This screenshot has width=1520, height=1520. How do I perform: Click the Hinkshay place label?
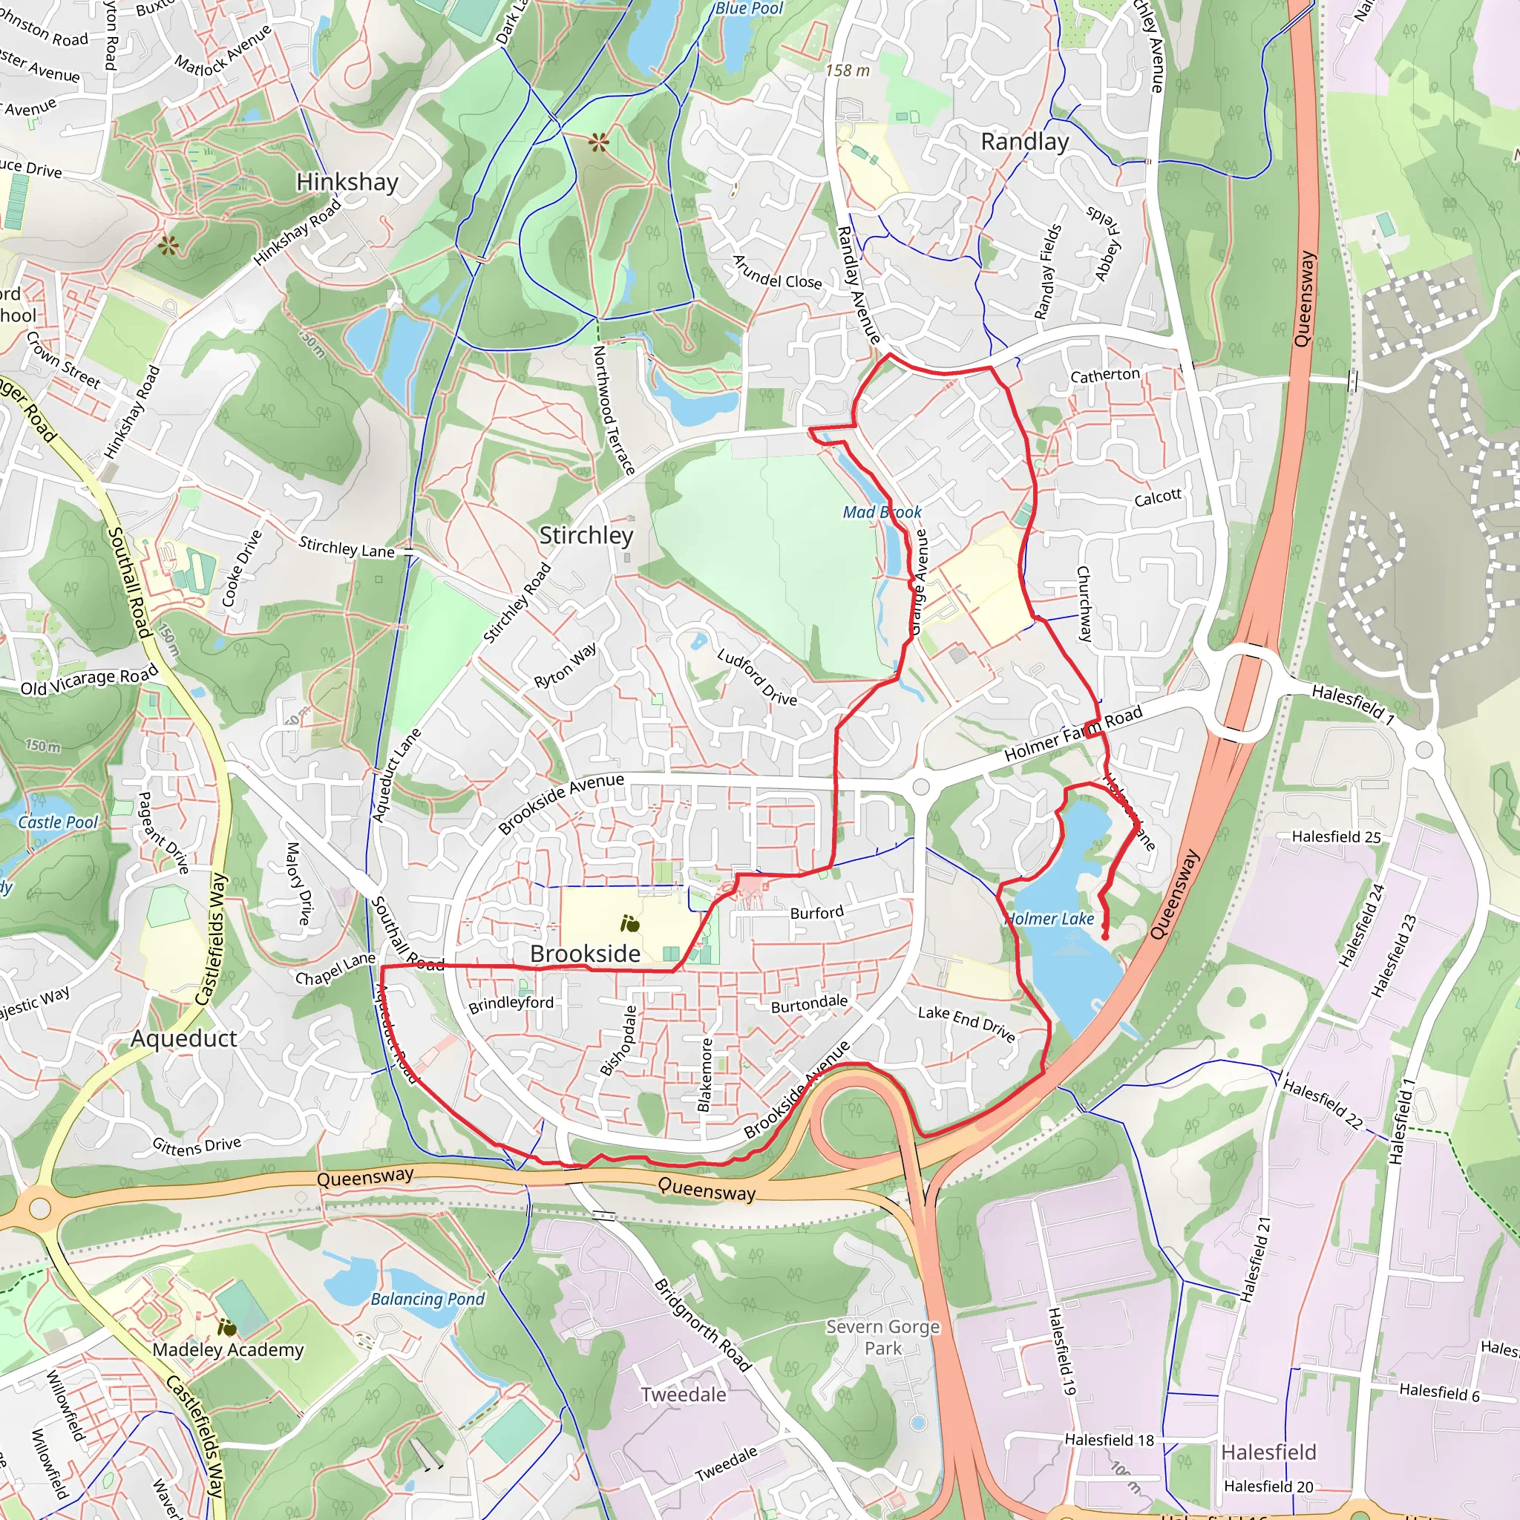point(347,183)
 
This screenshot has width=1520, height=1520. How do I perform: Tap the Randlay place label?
point(1024,142)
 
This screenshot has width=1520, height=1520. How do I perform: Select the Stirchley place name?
point(586,536)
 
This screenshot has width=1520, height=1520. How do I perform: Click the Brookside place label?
point(585,954)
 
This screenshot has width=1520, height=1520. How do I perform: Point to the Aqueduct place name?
point(183,1038)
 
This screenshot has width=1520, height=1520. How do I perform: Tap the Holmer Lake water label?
point(1050,919)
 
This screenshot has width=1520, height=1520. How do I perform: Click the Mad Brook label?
point(882,512)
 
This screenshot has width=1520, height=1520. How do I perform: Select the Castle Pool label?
point(57,822)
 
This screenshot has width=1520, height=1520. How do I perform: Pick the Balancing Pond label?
point(428,1299)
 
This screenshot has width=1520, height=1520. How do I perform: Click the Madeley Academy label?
point(228,1350)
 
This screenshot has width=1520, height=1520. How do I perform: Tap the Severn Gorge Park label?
point(882,1337)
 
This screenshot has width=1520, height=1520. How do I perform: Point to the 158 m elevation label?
point(848,71)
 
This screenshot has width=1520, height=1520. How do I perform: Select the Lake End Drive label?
point(966,1023)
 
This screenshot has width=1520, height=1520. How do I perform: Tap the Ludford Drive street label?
point(757,678)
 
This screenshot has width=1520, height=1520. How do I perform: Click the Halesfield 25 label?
point(1336,837)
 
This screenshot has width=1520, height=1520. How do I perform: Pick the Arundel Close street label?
point(776,272)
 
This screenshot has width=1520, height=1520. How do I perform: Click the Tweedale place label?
point(683,1395)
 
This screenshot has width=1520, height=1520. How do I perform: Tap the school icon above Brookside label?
point(629,923)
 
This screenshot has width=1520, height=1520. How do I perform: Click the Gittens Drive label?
point(197,1145)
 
